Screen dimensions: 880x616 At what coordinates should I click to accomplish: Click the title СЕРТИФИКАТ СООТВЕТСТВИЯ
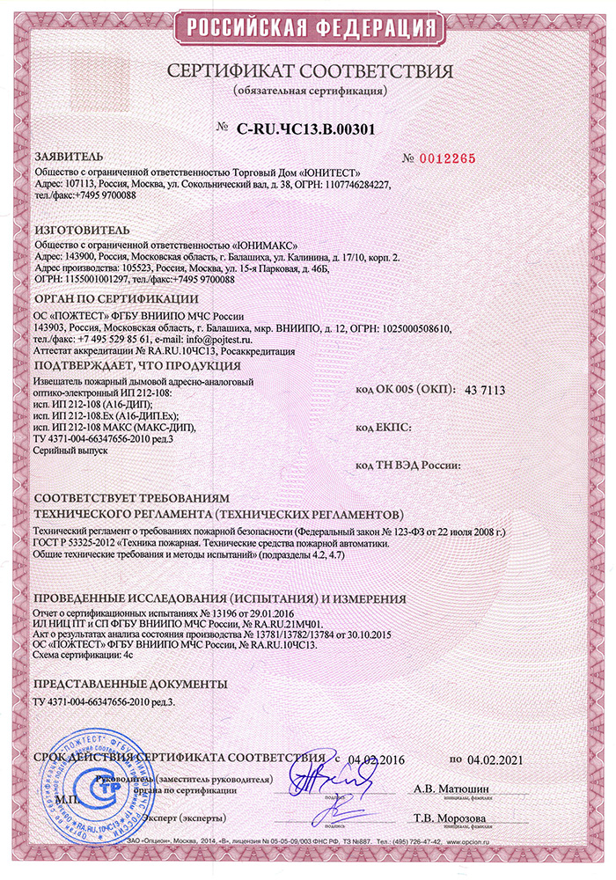point(308,70)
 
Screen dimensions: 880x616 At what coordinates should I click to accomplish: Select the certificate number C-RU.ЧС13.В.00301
point(306,128)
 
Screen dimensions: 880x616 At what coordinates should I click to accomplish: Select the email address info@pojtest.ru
point(220,338)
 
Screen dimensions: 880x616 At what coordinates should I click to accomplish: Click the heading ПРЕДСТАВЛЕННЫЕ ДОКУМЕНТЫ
point(129,683)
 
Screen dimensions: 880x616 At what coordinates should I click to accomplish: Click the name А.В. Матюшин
point(451,788)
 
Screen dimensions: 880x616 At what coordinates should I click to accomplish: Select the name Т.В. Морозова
point(451,818)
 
